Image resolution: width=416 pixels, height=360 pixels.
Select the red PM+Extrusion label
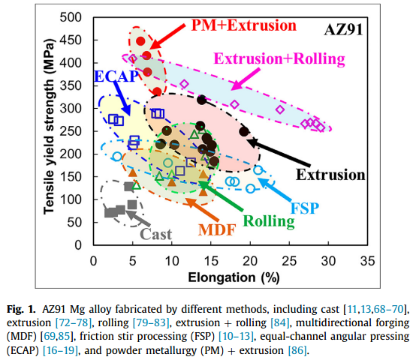click(243, 25)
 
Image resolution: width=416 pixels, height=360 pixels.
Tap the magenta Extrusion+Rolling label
click(279, 58)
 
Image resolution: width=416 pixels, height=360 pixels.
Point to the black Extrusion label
click(330, 175)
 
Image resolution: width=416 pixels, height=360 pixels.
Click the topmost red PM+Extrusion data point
click(140, 41)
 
